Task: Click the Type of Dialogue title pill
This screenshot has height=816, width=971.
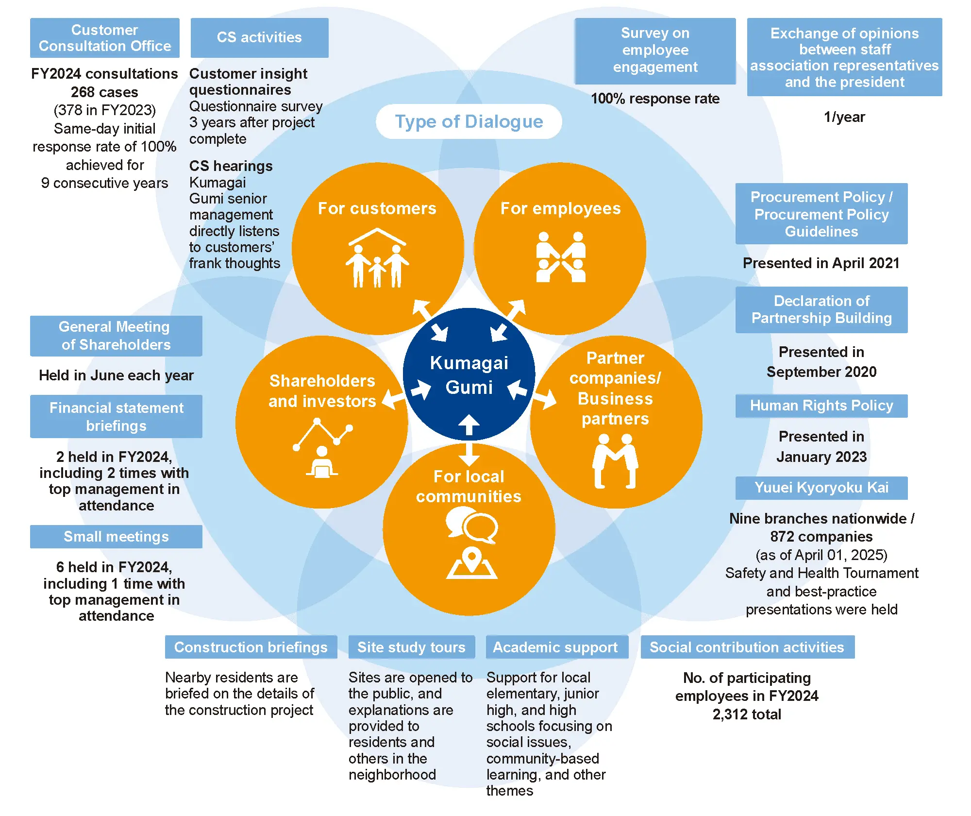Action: click(x=469, y=121)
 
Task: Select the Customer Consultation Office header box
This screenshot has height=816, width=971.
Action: click(x=104, y=38)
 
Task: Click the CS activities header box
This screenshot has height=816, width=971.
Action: click(x=259, y=38)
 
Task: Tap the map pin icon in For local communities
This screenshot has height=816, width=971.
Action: click(x=471, y=563)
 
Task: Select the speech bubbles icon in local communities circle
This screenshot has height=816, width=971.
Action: click(x=471, y=525)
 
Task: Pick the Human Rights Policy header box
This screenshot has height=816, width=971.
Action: click(x=821, y=406)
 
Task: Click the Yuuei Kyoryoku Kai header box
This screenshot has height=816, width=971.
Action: click(x=821, y=488)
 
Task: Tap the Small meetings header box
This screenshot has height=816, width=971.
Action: click(x=116, y=536)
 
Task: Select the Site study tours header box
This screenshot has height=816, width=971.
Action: click(x=411, y=647)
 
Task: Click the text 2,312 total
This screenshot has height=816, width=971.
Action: click(x=747, y=714)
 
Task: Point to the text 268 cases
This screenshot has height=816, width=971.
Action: click(x=104, y=92)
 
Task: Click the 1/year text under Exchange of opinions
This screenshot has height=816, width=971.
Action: click(x=844, y=117)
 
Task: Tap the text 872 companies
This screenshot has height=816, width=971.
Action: click(x=821, y=536)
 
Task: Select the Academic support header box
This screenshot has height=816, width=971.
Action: click(x=556, y=647)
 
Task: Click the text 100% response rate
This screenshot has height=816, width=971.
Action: click(x=655, y=99)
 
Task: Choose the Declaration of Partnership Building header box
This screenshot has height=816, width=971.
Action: click(x=821, y=309)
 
